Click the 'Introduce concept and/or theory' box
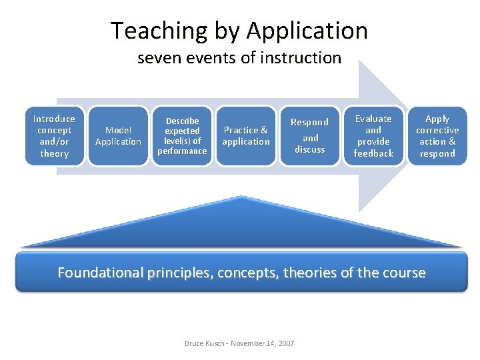tap(54, 135)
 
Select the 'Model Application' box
tap(118, 135)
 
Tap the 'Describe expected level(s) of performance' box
tap(182, 135)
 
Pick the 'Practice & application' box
tap(246, 135)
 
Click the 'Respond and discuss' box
tap(309, 135)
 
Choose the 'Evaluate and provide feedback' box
tap(373, 135)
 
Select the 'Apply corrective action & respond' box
tap(437, 135)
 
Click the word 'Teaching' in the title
tap(150, 31)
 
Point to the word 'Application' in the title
tap(307, 31)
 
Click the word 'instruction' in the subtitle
tap(308, 58)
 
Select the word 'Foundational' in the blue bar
tap(100, 273)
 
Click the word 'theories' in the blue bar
tap(311, 273)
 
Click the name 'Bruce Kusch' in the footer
tap(203, 343)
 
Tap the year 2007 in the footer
tap(285, 343)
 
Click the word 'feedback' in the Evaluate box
tap(373, 153)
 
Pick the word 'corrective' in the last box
tap(437, 130)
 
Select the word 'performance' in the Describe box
tap(182, 151)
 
